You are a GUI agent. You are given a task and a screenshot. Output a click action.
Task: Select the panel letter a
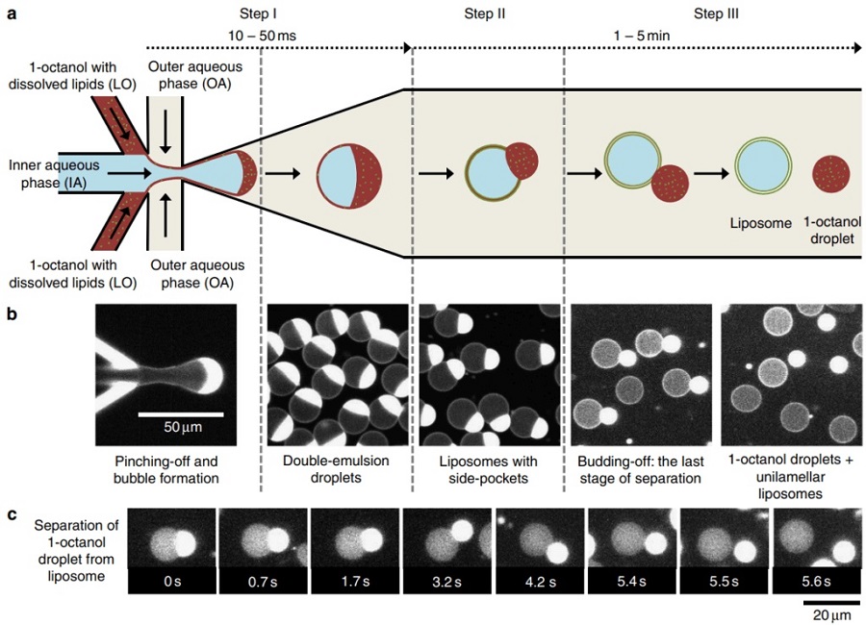coord(12,13)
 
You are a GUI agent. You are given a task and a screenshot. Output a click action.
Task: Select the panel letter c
coord(12,514)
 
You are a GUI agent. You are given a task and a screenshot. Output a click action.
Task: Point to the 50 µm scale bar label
coord(181,426)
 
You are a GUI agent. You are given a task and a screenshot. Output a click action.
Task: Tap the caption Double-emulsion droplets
coord(335,467)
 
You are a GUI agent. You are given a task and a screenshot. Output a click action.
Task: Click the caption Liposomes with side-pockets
coord(487,467)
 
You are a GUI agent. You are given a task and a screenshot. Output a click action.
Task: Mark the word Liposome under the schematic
coord(758,223)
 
